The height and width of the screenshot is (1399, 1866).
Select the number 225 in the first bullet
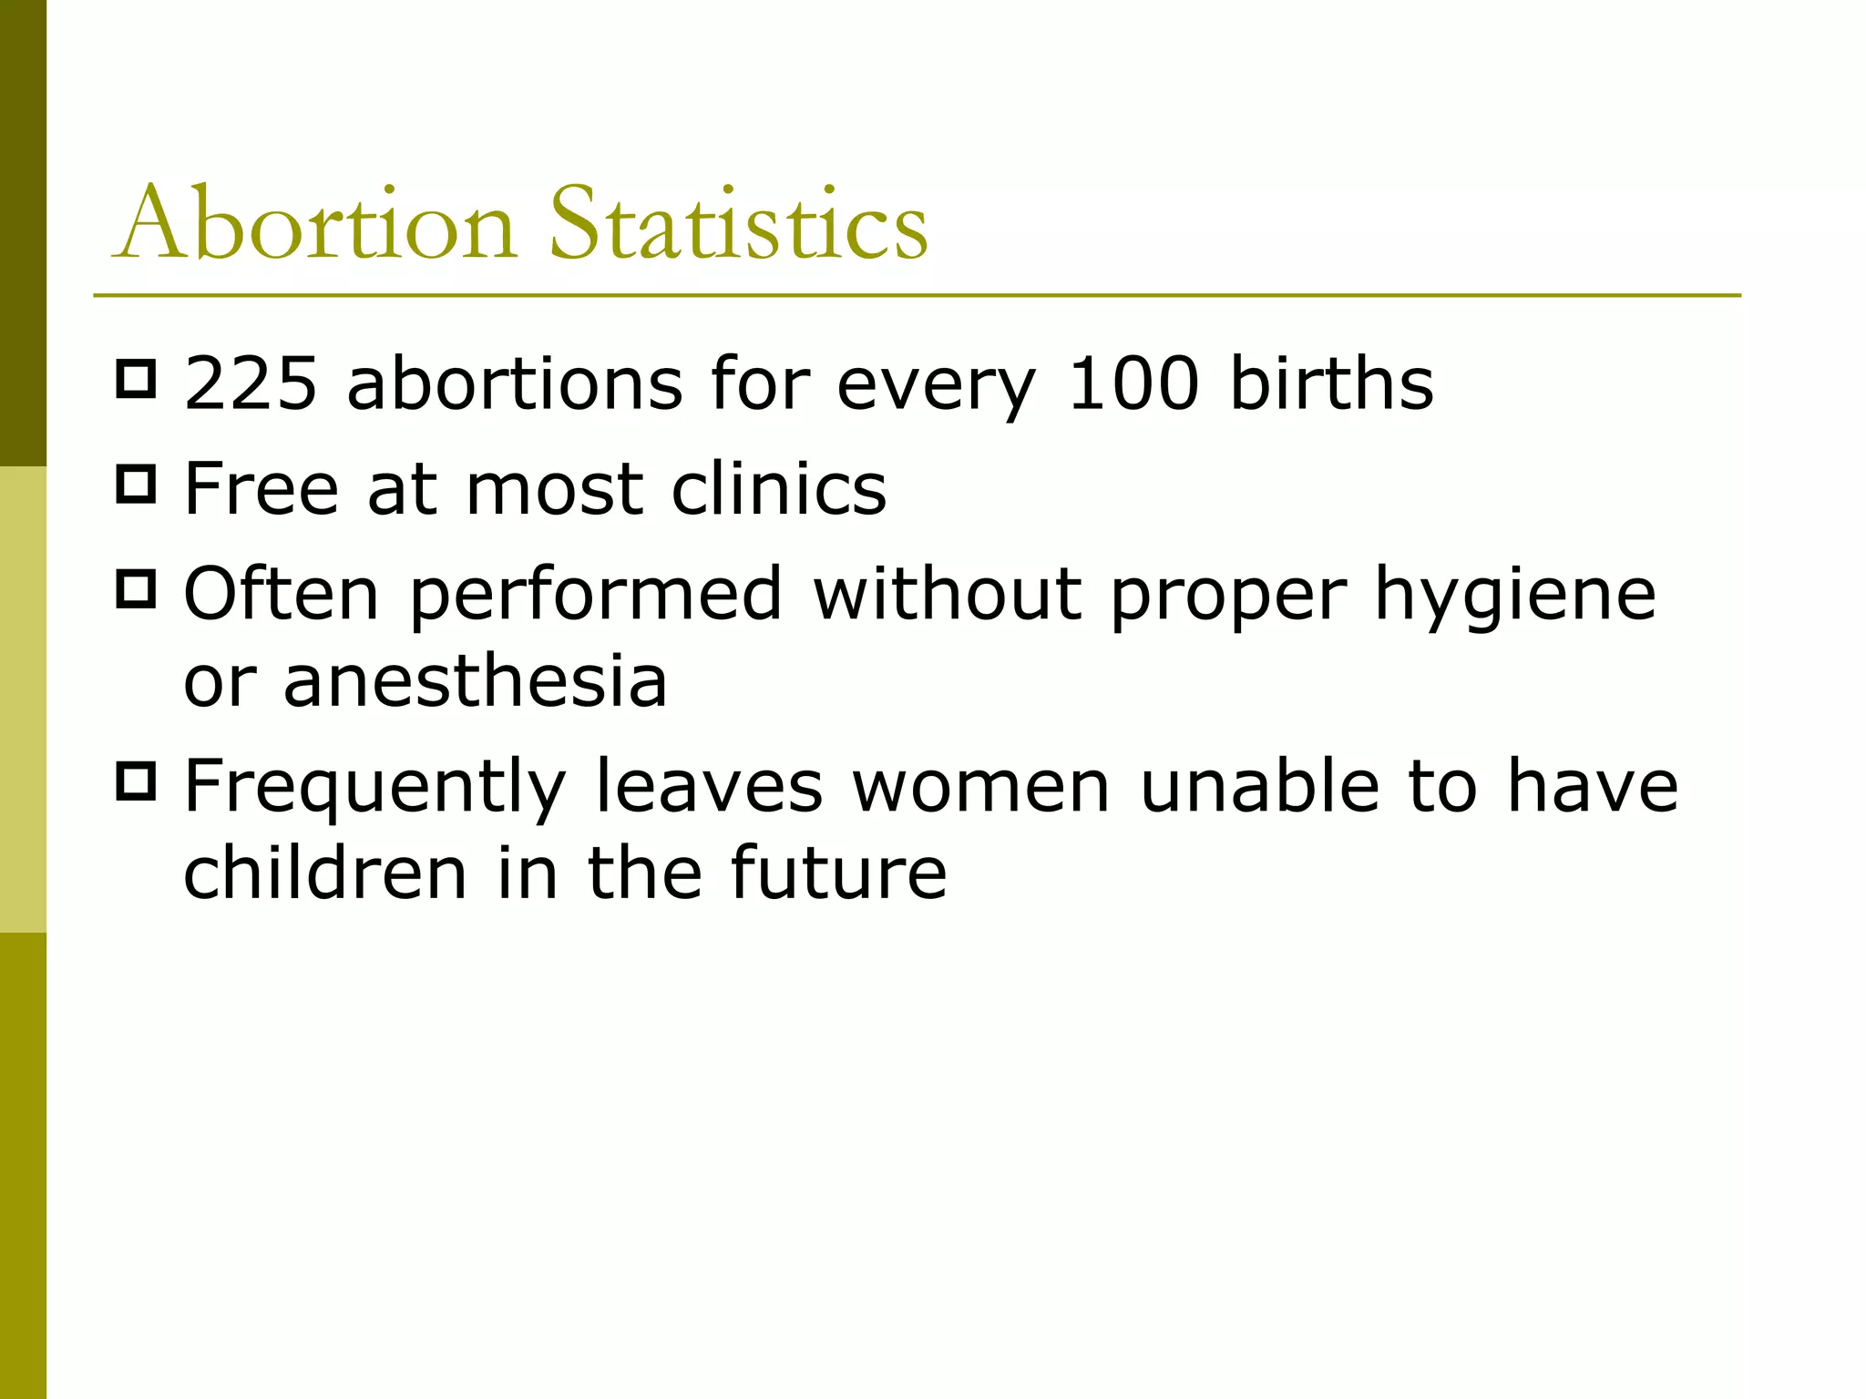[251, 384]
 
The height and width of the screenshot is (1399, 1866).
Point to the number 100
[1133, 384]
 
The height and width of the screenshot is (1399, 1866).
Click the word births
[1331, 384]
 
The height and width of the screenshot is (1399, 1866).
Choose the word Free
[261, 489]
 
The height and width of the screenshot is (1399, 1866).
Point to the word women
[981, 788]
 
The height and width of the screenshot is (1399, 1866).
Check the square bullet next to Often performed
[137, 588]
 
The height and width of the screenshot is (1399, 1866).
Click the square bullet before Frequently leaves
[137, 781]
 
